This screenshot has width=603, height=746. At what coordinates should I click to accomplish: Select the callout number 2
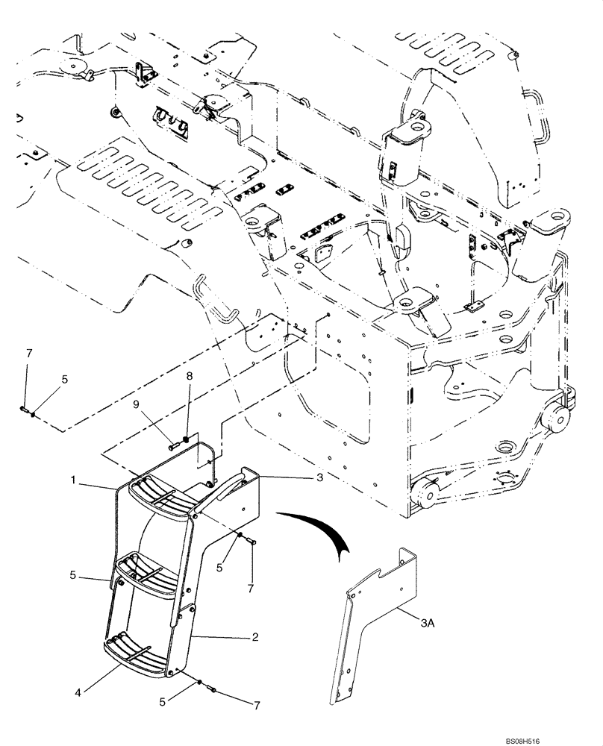click(x=254, y=638)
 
